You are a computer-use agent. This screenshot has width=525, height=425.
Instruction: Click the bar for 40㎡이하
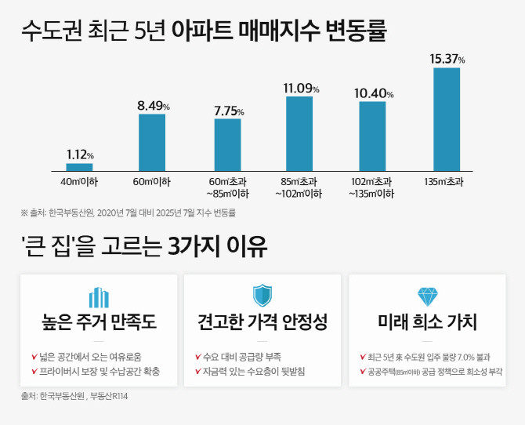(x=79, y=167)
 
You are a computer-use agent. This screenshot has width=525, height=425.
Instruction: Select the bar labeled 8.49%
(x=152, y=143)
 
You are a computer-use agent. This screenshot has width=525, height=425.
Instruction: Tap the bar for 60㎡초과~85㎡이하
(x=227, y=145)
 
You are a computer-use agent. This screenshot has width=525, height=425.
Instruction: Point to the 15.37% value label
(x=447, y=59)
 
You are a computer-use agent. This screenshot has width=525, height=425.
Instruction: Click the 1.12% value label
(x=80, y=154)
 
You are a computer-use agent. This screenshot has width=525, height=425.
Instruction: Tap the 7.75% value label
(x=228, y=111)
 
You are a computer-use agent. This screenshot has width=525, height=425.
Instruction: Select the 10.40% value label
(x=373, y=93)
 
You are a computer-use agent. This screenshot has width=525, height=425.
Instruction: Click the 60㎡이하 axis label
(x=152, y=182)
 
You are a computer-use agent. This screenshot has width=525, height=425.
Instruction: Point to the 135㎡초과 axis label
(x=447, y=182)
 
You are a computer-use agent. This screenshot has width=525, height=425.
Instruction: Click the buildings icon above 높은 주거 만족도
(x=99, y=297)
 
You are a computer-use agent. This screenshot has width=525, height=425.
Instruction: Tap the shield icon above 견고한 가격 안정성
(x=262, y=296)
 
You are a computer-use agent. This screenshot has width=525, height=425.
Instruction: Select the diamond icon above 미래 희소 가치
(x=428, y=296)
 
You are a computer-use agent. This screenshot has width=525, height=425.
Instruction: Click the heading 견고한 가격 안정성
(x=262, y=322)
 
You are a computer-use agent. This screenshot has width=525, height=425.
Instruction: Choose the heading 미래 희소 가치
(x=428, y=322)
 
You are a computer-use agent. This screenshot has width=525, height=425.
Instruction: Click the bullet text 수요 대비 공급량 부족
(x=241, y=357)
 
